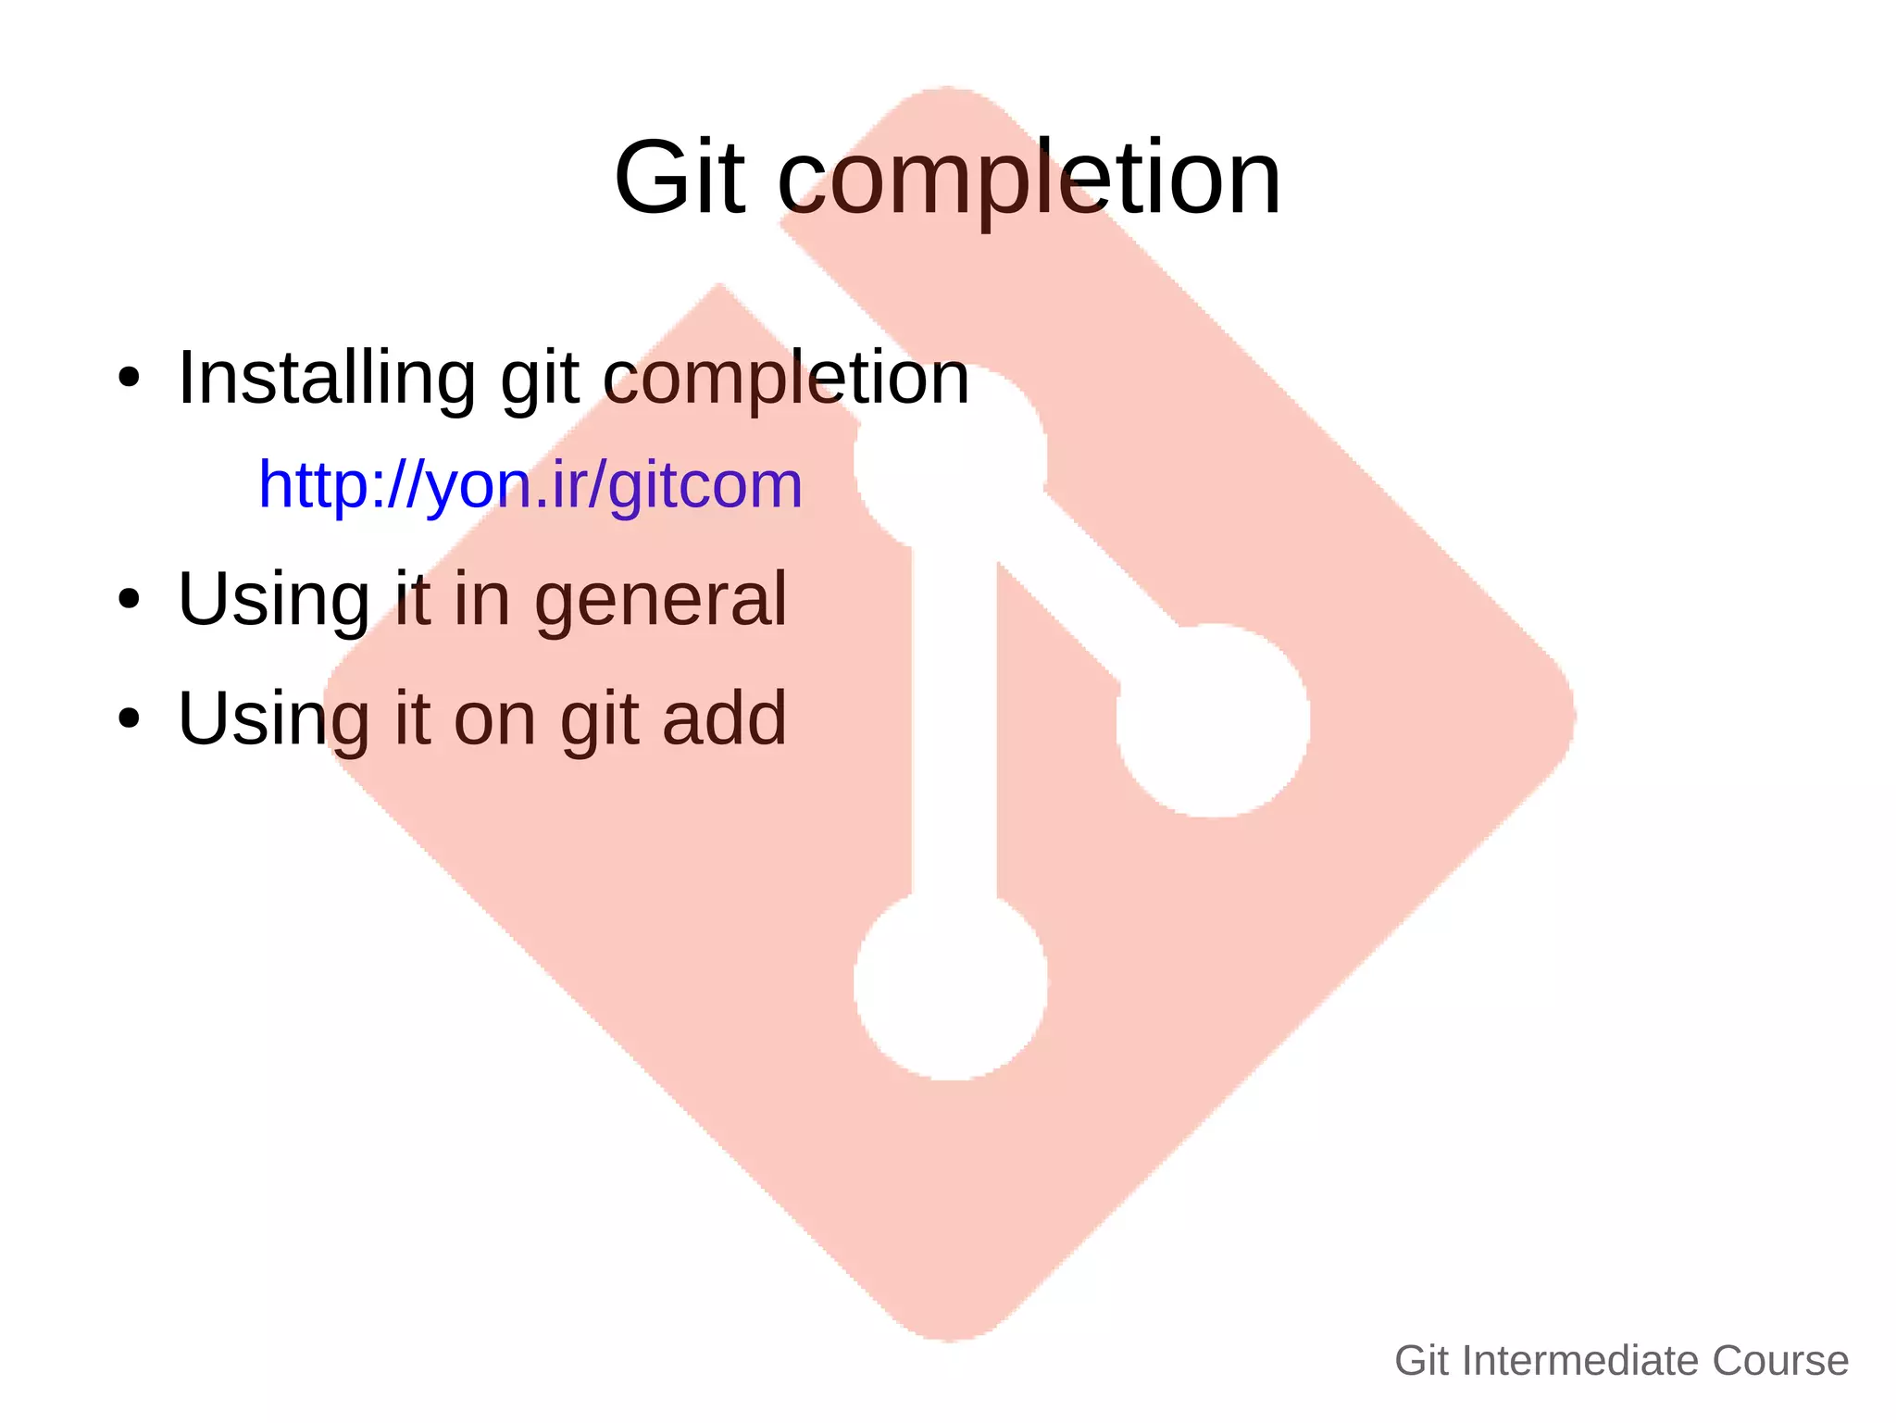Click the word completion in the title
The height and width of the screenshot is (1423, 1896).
tap(1029, 178)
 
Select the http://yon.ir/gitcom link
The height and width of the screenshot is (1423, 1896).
tap(530, 484)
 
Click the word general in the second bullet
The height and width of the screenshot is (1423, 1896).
tap(661, 599)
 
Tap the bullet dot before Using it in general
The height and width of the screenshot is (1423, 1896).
tap(129, 599)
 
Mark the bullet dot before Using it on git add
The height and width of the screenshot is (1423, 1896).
tap(129, 718)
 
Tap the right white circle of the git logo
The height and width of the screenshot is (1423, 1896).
tap(1213, 720)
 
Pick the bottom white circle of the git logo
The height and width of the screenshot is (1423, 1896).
tap(951, 983)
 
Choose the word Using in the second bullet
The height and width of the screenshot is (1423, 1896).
tap(274, 599)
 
